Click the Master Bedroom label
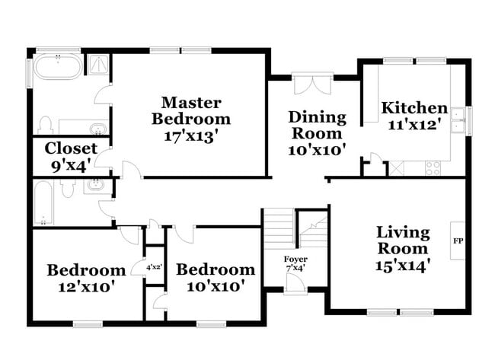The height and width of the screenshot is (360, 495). pyautogui.click(x=190, y=110)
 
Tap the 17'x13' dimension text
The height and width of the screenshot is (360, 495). pyautogui.click(x=190, y=136)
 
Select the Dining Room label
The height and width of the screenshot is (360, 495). pyautogui.click(x=317, y=126)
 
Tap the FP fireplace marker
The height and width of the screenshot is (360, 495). pyautogui.click(x=458, y=241)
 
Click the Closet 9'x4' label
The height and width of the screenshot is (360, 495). pyautogui.click(x=71, y=155)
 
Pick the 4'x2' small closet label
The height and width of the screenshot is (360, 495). pyautogui.click(x=155, y=267)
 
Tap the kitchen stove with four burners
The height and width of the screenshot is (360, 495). pyautogui.click(x=433, y=168)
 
